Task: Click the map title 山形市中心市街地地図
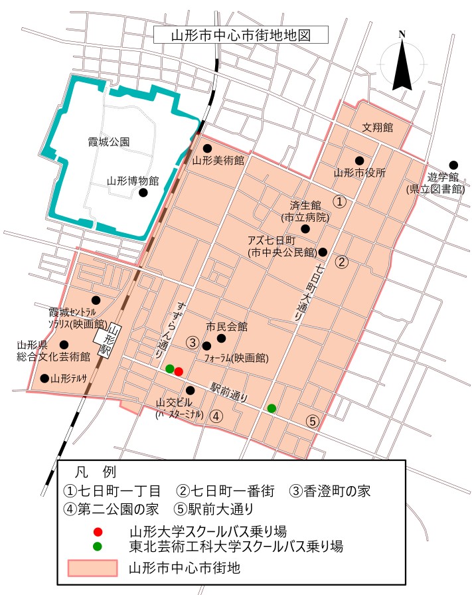click(x=232, y=35)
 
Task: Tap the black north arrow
click(x=402, y=66)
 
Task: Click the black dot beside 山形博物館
click(x=143, y=193)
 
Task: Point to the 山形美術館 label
click(x=218, y=161)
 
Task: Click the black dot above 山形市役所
click(x=359, y=160)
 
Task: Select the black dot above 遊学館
click(x=453, y=165)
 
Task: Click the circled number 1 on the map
click(x=339, y=201)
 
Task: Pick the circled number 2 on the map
click(x=342, y=261)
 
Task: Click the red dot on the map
click(x=179, y=371)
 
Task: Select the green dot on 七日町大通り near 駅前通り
click(x=272, y=408)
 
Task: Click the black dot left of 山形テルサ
click(x=44, y=379)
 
